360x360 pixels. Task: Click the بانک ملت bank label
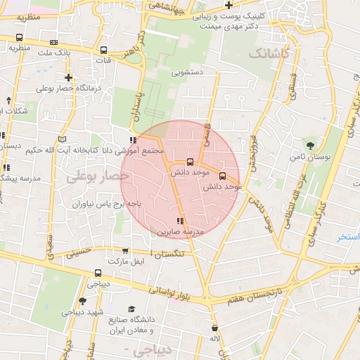[54, 53]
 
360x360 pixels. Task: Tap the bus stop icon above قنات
[104, 51]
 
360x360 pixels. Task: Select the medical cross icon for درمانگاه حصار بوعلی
[68, 77]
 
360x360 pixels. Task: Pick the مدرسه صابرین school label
[184, 231]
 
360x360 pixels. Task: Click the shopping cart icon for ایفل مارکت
[125, 251]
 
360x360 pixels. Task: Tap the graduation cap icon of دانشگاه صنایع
[131, 309]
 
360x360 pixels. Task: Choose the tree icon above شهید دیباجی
[83, 302]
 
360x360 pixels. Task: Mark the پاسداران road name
[138, 107]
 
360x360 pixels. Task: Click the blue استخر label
[348, 237]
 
